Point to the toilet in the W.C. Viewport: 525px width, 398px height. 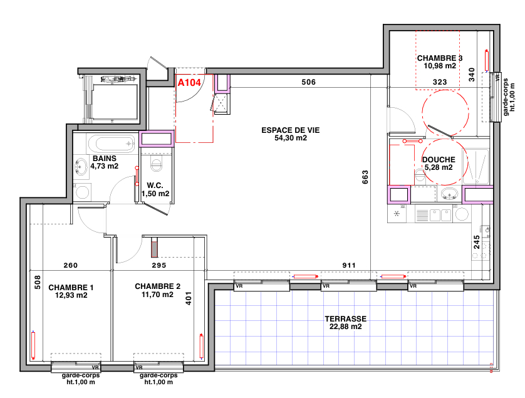[156, 165]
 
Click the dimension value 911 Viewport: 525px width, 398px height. [349, 266]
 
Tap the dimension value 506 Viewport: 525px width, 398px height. [308, 82]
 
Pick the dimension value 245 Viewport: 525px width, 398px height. [476, 243]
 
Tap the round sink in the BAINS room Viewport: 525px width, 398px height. [81, 167]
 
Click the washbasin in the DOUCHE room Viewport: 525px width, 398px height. [449, 193]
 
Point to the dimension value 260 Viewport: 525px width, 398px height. [71, 266]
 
